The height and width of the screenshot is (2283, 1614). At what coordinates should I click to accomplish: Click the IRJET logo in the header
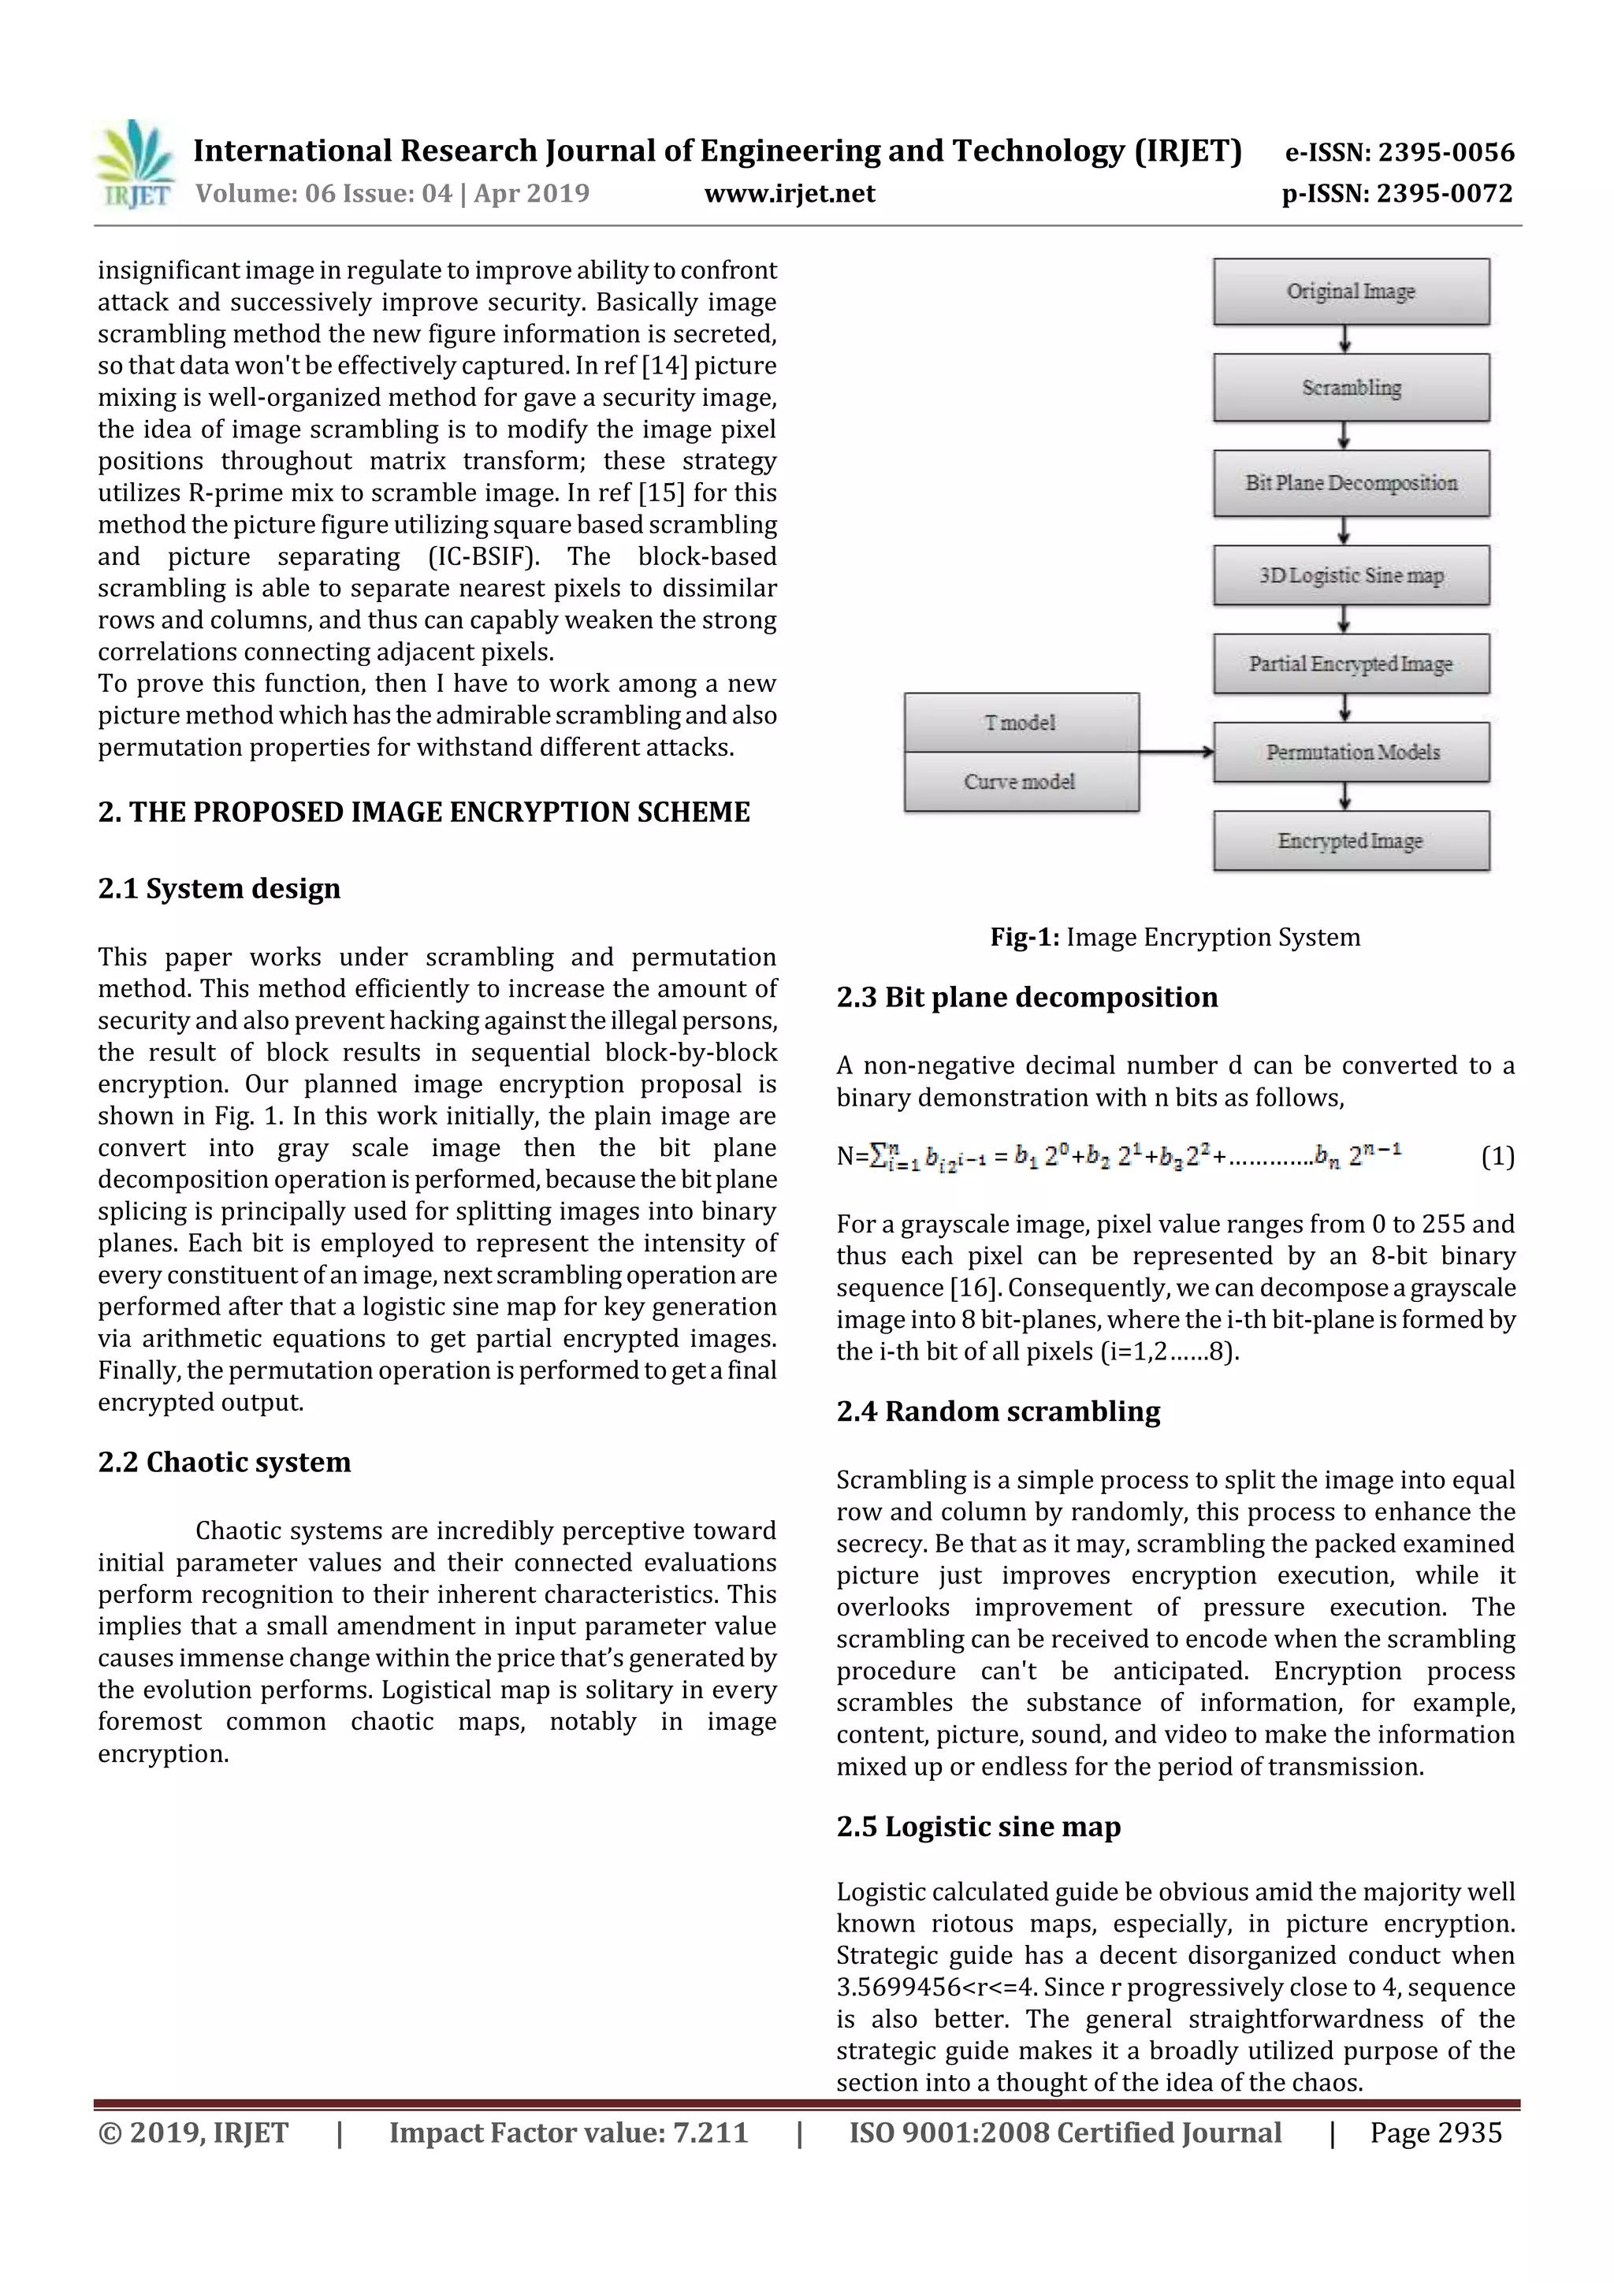coord(136,164)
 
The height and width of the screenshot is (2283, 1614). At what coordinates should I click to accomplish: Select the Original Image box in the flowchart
coord(1351,292)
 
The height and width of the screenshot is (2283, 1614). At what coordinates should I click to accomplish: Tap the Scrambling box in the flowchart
coord(1351,387)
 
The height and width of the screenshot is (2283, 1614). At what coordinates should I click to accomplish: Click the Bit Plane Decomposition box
coord(1351,482)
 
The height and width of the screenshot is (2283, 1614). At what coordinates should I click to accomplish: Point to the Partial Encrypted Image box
coord(1351,664)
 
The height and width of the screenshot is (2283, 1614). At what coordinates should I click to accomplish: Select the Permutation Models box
coord(1351,752)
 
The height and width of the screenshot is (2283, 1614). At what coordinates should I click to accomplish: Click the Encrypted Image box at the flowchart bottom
coord(1351,841)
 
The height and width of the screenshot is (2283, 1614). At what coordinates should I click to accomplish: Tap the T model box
coord(1021,722)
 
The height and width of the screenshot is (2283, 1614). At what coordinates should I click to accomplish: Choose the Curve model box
coord(1021,782)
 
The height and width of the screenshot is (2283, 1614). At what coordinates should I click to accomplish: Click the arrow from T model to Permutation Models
coord(1176,752)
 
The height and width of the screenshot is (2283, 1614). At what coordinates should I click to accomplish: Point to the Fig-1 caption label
coord(1025,937)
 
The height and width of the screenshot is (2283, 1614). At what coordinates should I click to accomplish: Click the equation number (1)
coord(1497,1156)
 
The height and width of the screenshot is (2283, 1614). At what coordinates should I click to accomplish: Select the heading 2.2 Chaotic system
coord(224,1462)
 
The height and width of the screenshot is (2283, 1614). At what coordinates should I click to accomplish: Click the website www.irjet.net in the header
coord(790,193)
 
